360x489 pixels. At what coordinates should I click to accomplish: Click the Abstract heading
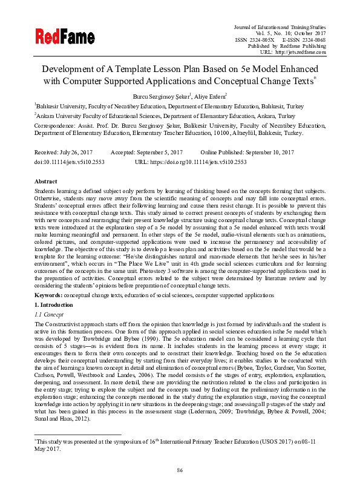[45, 182]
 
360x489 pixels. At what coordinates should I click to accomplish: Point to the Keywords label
[48, 295]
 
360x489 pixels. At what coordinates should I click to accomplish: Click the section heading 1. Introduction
[54, 303]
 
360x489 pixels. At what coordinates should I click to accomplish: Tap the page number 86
[180, 470]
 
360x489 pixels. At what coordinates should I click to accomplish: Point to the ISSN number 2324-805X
[260, 39]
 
